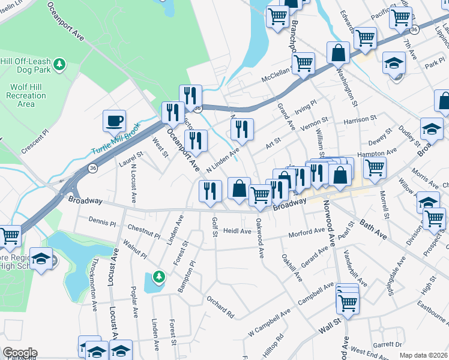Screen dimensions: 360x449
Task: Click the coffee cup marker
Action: [113, 121]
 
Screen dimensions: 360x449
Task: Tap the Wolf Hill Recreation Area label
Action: [26, 95]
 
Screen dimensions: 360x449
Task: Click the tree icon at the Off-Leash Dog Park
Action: [59, 63]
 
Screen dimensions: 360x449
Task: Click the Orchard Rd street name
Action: [220, 305]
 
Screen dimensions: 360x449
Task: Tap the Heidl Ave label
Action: [237, 230]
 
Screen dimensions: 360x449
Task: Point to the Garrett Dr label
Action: [387, 344]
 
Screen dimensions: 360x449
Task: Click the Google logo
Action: [20, 353]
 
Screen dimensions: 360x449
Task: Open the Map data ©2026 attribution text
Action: [422, 355]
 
